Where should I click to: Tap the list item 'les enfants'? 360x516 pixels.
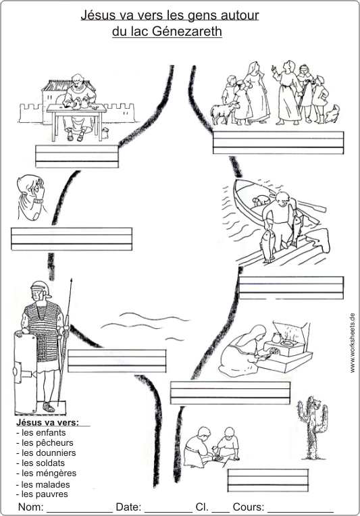41,432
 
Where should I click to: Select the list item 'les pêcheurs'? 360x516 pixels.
45,442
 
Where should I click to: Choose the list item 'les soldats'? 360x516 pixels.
41,463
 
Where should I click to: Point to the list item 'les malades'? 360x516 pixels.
43,484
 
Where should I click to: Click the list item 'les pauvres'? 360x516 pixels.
42,494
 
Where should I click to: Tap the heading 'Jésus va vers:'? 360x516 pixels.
48,422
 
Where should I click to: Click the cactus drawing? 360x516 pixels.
313,428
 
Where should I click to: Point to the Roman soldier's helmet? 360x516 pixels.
40,288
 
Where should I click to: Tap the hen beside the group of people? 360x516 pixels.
333,115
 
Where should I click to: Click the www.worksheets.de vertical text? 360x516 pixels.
353,342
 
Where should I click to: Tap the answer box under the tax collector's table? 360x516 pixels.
77,156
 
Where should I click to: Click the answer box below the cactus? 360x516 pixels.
268,480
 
